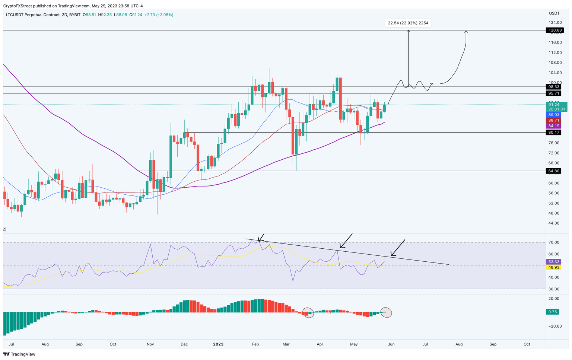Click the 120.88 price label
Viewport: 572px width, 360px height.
pyautogui.click(x=553, y=30)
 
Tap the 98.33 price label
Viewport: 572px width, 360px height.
pyautogui.click(x=553, y=87)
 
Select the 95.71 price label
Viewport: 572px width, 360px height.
pyautogui.click(x=553, y=93)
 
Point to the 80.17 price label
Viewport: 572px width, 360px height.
pyautogui.click(x=553, y=133)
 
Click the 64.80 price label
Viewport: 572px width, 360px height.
pyautogui.click(x=553, y=171)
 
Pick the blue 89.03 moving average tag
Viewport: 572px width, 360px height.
pyautogui.click(x=553, y=115)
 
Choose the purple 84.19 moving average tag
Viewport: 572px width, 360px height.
pyautogui.click(x=553, y=126)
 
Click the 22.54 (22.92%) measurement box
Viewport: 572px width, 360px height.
pyautogui.click(x=408, y=23)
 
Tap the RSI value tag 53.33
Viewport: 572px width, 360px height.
pyautogui.click(x=553, y=262)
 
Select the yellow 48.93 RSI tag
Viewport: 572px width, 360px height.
pyautogui.click(x=553, y=268)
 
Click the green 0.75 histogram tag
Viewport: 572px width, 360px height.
pyautogui.click(x=553, y=312)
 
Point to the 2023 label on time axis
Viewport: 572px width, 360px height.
pyautogui.click(x=218, y=344)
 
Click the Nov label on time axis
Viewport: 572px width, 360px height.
pyautogui.click(x=150, y=344)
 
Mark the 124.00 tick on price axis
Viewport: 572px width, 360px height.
pyautogui.click(x=555, y=23)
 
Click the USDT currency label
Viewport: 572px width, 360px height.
pyautogui.click(x=554, y=13)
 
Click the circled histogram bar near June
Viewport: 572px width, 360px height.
pyautogui.click(x=386, y=312)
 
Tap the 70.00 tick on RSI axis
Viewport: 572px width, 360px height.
pyautogui.click(x=554, y=242)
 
